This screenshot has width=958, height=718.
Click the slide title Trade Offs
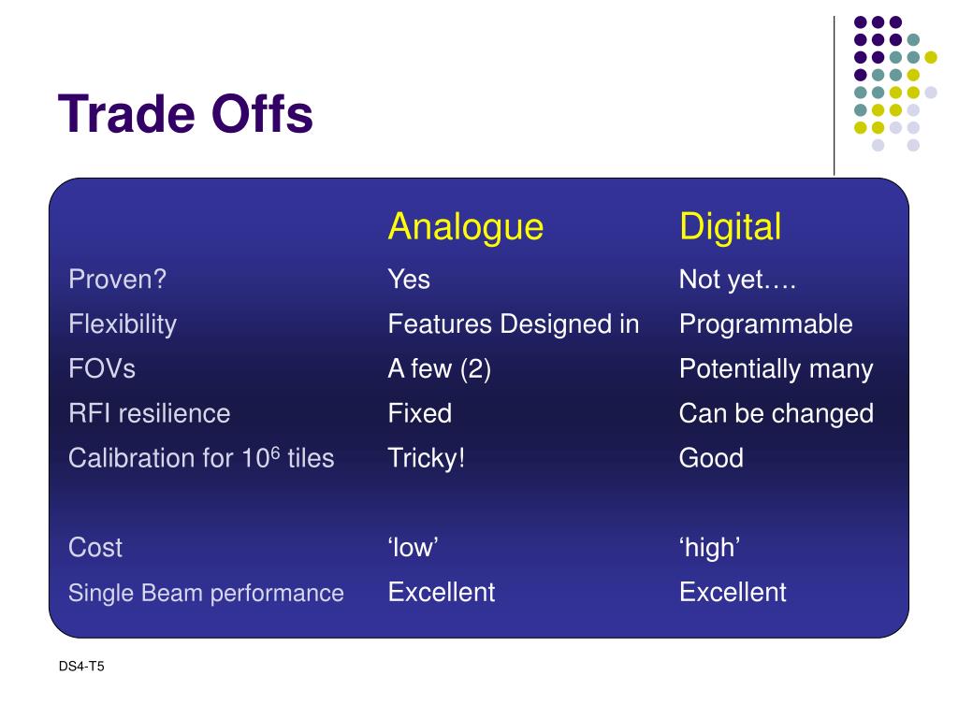(x=185, y=113)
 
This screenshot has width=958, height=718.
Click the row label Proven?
(x=117, y=279)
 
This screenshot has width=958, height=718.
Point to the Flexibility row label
(x=123, y=324)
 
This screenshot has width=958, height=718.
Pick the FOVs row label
(x=102, y=368)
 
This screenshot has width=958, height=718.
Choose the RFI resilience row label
(x=150, y=413)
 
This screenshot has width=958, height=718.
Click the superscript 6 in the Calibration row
(x=275, y=452)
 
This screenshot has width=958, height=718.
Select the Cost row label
(x=95, y=548)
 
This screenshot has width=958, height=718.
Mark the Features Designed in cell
(x=514, y=324)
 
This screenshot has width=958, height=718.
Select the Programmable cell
(x=766, y=324)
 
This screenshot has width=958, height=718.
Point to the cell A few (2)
(x=440, y=369)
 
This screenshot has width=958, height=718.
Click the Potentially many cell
(x=776, y=369)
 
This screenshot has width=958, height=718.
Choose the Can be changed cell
(x=777, y=414)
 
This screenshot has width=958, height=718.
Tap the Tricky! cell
(x=427, y=458)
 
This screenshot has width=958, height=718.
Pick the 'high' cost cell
(x=710, y=548)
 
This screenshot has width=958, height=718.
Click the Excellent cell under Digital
(x=733, y=592)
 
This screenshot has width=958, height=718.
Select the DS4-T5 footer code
(x=81, y=666)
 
